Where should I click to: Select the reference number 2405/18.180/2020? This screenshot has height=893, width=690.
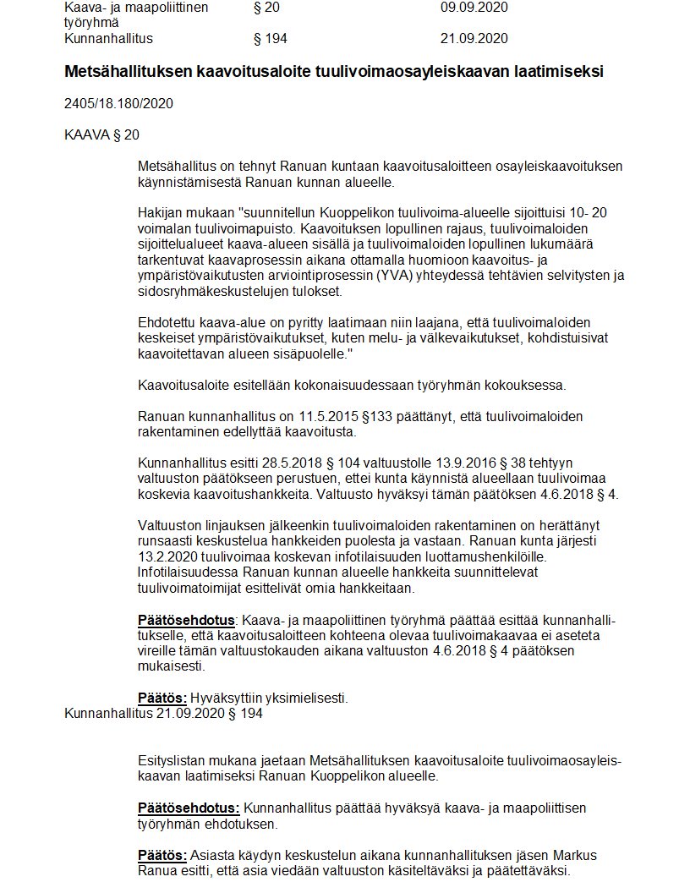pos(118,104)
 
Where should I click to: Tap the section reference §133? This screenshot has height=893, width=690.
pos(370,416)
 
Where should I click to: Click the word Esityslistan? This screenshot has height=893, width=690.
pos(172,761)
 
